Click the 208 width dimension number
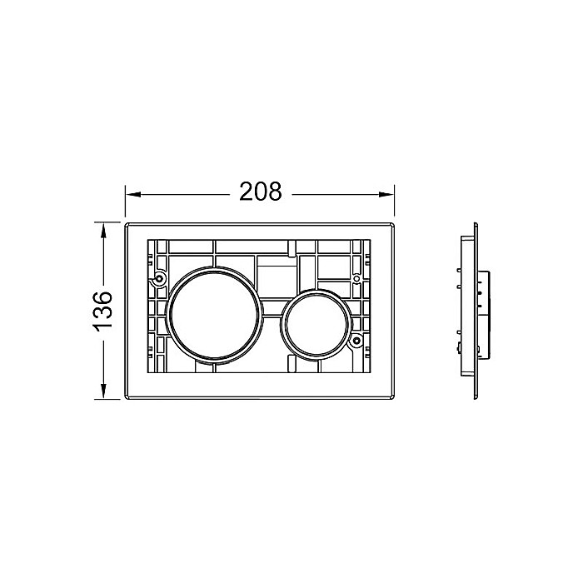click(261, 192)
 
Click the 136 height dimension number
click(101, 311)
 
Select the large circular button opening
click(217, 314)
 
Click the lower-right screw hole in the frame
click(356, 340)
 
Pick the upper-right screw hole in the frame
click(356, 277)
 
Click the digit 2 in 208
click(246, 192)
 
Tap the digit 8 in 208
click(276, 192)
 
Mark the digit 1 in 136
click(101, 326)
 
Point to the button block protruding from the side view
click(482, 311)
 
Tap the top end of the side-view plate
click(476, 223)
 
